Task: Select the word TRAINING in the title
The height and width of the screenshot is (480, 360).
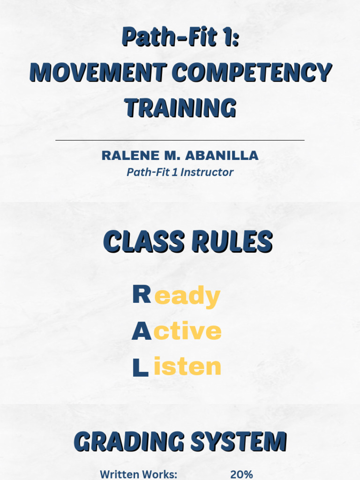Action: click(180, 108)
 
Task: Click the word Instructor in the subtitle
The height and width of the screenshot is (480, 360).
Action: click(207, 172)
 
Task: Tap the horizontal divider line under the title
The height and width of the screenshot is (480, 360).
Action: click(180, 140)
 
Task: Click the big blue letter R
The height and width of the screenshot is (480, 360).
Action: click(141, 295)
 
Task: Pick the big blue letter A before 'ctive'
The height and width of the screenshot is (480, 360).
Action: click(141, 332)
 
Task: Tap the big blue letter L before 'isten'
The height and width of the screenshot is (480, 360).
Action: click(140, 367)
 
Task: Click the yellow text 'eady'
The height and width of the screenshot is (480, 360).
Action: click(187, 297)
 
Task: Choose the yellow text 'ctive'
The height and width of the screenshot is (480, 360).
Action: click(187, 332)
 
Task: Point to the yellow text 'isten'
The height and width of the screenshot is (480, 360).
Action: click(187, 367)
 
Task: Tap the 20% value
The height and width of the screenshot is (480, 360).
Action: click(241, 474)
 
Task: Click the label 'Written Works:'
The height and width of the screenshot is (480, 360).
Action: click(139, 474)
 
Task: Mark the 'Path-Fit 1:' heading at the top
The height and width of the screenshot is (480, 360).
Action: click(180, 37)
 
